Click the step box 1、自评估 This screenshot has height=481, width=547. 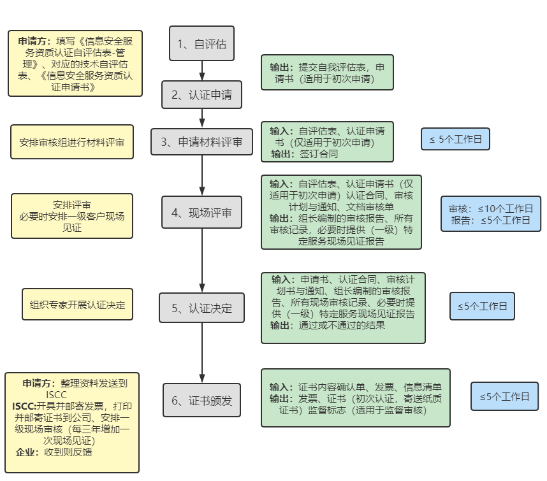pyautogui.click(x=201, y=44)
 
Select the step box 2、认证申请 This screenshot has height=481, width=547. pyautogui.click(x=201, y=96)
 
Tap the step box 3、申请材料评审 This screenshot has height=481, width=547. pyautogui.click(x=201, y=142)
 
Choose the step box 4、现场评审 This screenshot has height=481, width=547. pyautogui.click(x=201, y=213)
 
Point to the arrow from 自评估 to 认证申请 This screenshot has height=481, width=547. pyautogui.click(x=202, y=71)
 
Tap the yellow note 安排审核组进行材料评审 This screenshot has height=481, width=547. pyautogui.click(x=72, y=142)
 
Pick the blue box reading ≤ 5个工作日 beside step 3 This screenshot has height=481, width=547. pyautogui.click(x=455, y=139)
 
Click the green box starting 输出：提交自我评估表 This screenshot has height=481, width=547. pyautogui.click(x=327, y=72)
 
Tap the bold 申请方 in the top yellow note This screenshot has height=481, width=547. pyautogui.click(x=34, y=41)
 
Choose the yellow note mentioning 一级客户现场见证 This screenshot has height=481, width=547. pyautogui.click(x=72, y=216)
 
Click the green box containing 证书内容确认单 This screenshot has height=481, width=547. pyautogui.click(x=355, y=398)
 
